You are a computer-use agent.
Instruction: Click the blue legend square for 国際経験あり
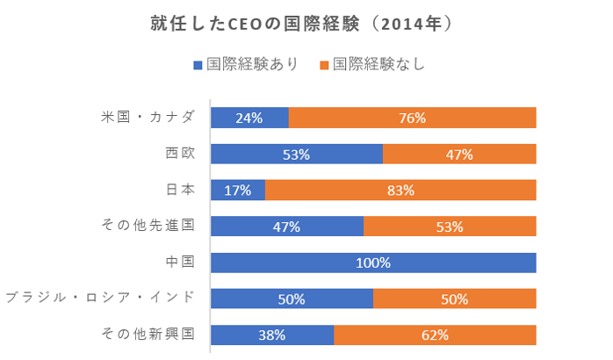[x=198, y=65]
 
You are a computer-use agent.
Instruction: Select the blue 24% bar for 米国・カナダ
[x=249, y=118]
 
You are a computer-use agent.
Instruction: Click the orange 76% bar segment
[x=412, y=118]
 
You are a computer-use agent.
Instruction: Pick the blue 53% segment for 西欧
[x=296, y=155]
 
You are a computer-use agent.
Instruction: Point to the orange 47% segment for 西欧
[x=459, y=155]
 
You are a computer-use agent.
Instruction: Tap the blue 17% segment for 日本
[x=237, y=190]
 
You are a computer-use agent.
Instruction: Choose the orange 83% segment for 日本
[x=400, y=190]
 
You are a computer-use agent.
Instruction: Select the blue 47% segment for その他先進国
[x=286, y=227]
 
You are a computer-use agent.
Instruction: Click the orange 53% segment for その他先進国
[x=450, y=227]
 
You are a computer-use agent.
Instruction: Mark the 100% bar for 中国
[x=373, y=263]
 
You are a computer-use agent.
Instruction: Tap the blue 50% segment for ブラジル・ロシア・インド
[x=292, y=299]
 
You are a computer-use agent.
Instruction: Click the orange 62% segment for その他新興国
[x=435, y=335]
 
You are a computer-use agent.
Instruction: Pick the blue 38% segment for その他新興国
[x=272, y=335]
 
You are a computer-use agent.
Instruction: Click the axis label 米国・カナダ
[x=148, y=118]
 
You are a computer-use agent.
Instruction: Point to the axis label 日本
[x=180, y=190]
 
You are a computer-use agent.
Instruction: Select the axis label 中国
[x=180, y=263]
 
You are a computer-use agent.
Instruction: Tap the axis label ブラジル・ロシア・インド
[x=99, y=299]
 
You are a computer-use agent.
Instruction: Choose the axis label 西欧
[x=180, y=155]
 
